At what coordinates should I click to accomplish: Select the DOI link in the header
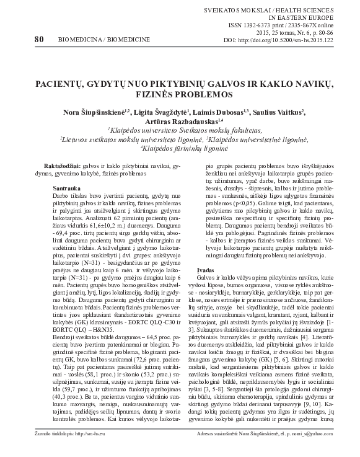pyautogui.click(x=300, y=39)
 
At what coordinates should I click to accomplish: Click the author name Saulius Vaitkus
pyautogui.click(x=284, y=112)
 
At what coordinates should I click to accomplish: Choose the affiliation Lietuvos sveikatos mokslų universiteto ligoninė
pyautogui.click(x=134, y=140)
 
